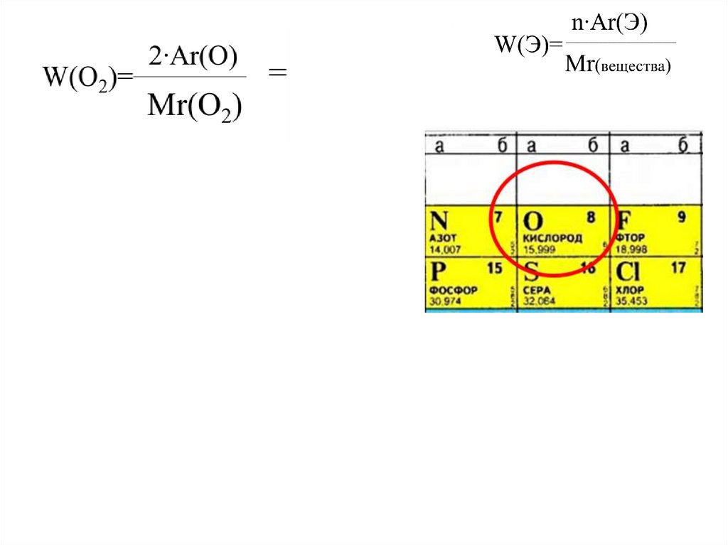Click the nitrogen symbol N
440,221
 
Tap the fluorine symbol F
624,221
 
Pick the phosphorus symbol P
439,272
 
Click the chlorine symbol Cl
629,272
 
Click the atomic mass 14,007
446,249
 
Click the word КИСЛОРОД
552,238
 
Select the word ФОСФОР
454,291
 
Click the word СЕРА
537,291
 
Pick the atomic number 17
678,269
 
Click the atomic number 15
494,269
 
